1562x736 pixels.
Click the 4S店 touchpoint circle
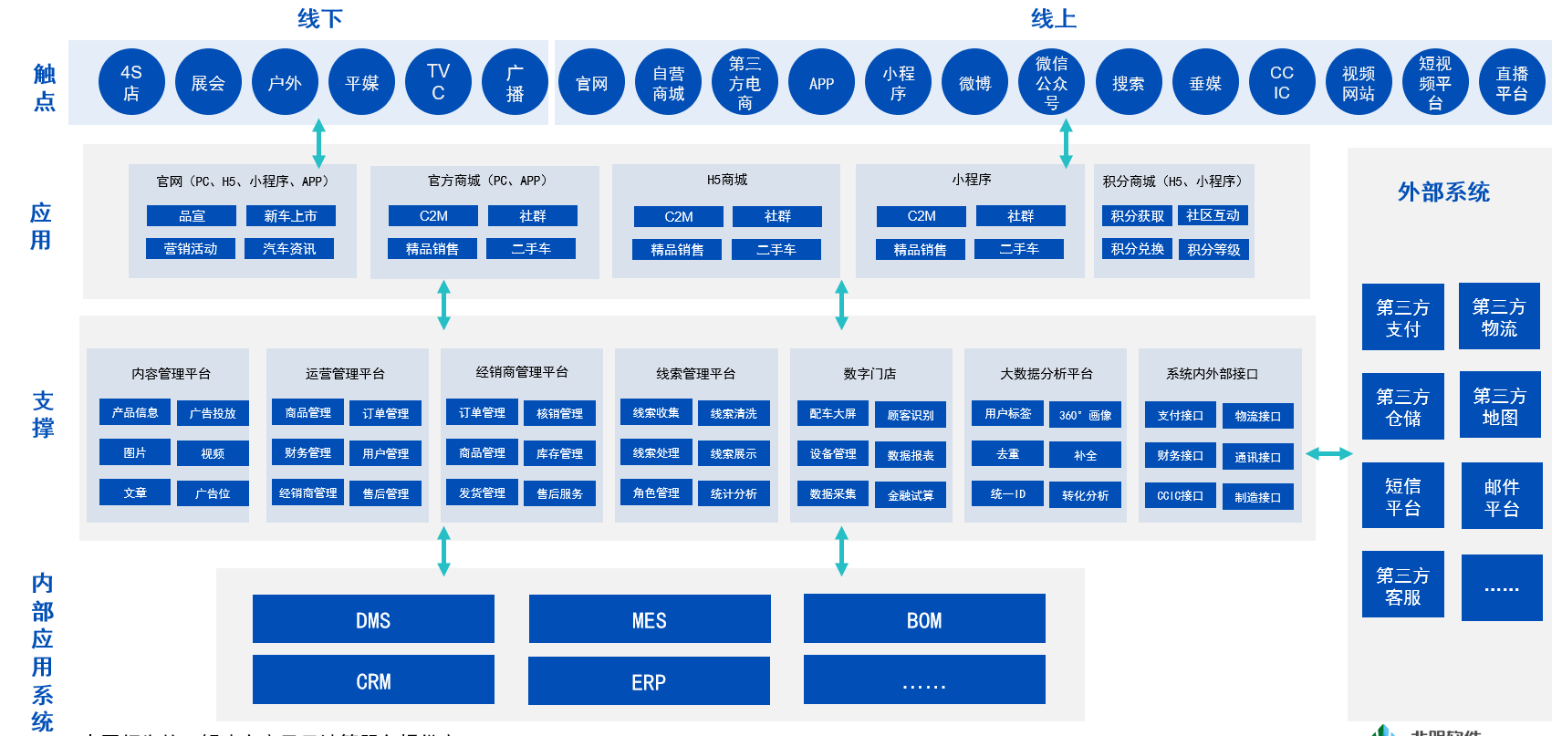pos(131,83)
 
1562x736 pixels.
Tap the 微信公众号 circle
pos(1051,83)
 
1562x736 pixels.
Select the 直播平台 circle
pos(1511,83)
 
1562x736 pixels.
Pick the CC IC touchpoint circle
pos(1281,83)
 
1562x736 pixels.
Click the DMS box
pos(373,619)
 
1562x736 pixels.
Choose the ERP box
pos(649,680)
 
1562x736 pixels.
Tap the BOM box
pos(924,619)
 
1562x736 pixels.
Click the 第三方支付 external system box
pos(1402,317)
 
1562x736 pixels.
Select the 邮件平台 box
pos(1501,496)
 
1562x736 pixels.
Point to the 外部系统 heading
pos(1443,192)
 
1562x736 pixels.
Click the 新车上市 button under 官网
pos(290,216)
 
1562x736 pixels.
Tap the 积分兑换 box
pos(1137,249)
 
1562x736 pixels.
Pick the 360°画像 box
pos(1085,415)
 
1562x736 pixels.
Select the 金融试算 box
pos(911,495)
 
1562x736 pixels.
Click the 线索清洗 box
pos(734,414)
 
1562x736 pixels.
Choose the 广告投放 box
pos(213,414)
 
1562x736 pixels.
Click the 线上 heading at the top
pos(1053,18)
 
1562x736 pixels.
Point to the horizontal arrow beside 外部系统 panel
pos(1328,453)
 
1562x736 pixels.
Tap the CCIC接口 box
pos(1180,496)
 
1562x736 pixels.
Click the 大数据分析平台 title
pos(1046,374)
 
